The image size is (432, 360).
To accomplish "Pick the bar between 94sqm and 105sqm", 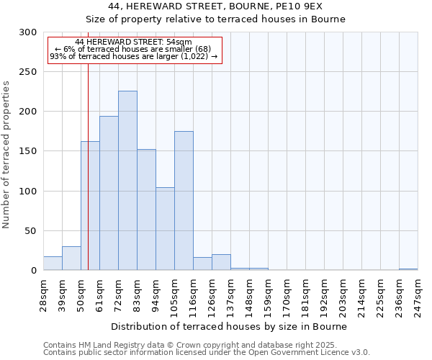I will (165, 228).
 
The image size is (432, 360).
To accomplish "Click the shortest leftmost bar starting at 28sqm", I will (53, 264).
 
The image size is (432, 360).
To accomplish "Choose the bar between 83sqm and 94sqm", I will (146, 210).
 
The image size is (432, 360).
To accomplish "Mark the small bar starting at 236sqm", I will (408, 269).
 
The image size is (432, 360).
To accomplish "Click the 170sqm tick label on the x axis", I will (287, 294).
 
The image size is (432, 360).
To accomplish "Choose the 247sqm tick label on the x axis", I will (418, 294).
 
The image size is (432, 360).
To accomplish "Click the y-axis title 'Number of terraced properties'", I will (6, 155).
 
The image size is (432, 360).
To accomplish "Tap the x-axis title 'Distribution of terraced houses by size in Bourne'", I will (230, 326).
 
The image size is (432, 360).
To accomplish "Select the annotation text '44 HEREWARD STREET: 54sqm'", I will (133, 42).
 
